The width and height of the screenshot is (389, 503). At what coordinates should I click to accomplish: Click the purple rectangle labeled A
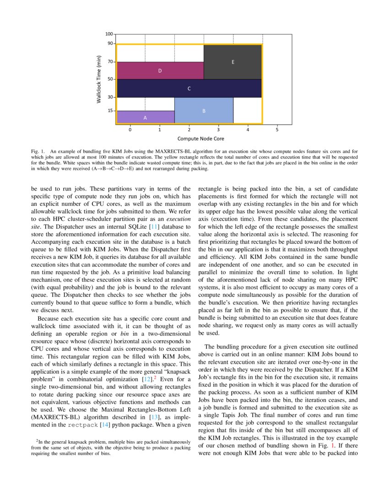click(146, 117)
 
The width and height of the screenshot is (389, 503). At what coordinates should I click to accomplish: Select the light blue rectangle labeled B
click(204, 111)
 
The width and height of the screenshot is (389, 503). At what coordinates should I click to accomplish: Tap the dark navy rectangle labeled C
click(189, 88)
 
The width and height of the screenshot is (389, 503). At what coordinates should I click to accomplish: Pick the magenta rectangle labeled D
click(160, 70)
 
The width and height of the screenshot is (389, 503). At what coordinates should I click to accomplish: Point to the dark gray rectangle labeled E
click(233, 62)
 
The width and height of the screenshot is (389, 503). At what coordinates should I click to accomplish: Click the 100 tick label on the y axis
click(109, 34)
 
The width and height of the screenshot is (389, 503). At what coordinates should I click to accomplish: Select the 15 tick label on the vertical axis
click(110, 111)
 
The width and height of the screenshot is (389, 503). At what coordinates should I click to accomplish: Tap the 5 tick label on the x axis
click(277, 129)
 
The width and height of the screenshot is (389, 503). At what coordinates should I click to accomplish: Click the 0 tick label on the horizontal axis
click(130, 129)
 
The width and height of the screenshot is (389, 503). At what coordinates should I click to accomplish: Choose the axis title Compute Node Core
click(201, 138)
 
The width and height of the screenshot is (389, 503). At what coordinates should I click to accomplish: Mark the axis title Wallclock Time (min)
click(99, 79)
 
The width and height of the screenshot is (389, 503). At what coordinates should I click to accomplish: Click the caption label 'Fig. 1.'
click(38, 150)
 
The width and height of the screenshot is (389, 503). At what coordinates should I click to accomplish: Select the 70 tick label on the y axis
click(110, 61)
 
